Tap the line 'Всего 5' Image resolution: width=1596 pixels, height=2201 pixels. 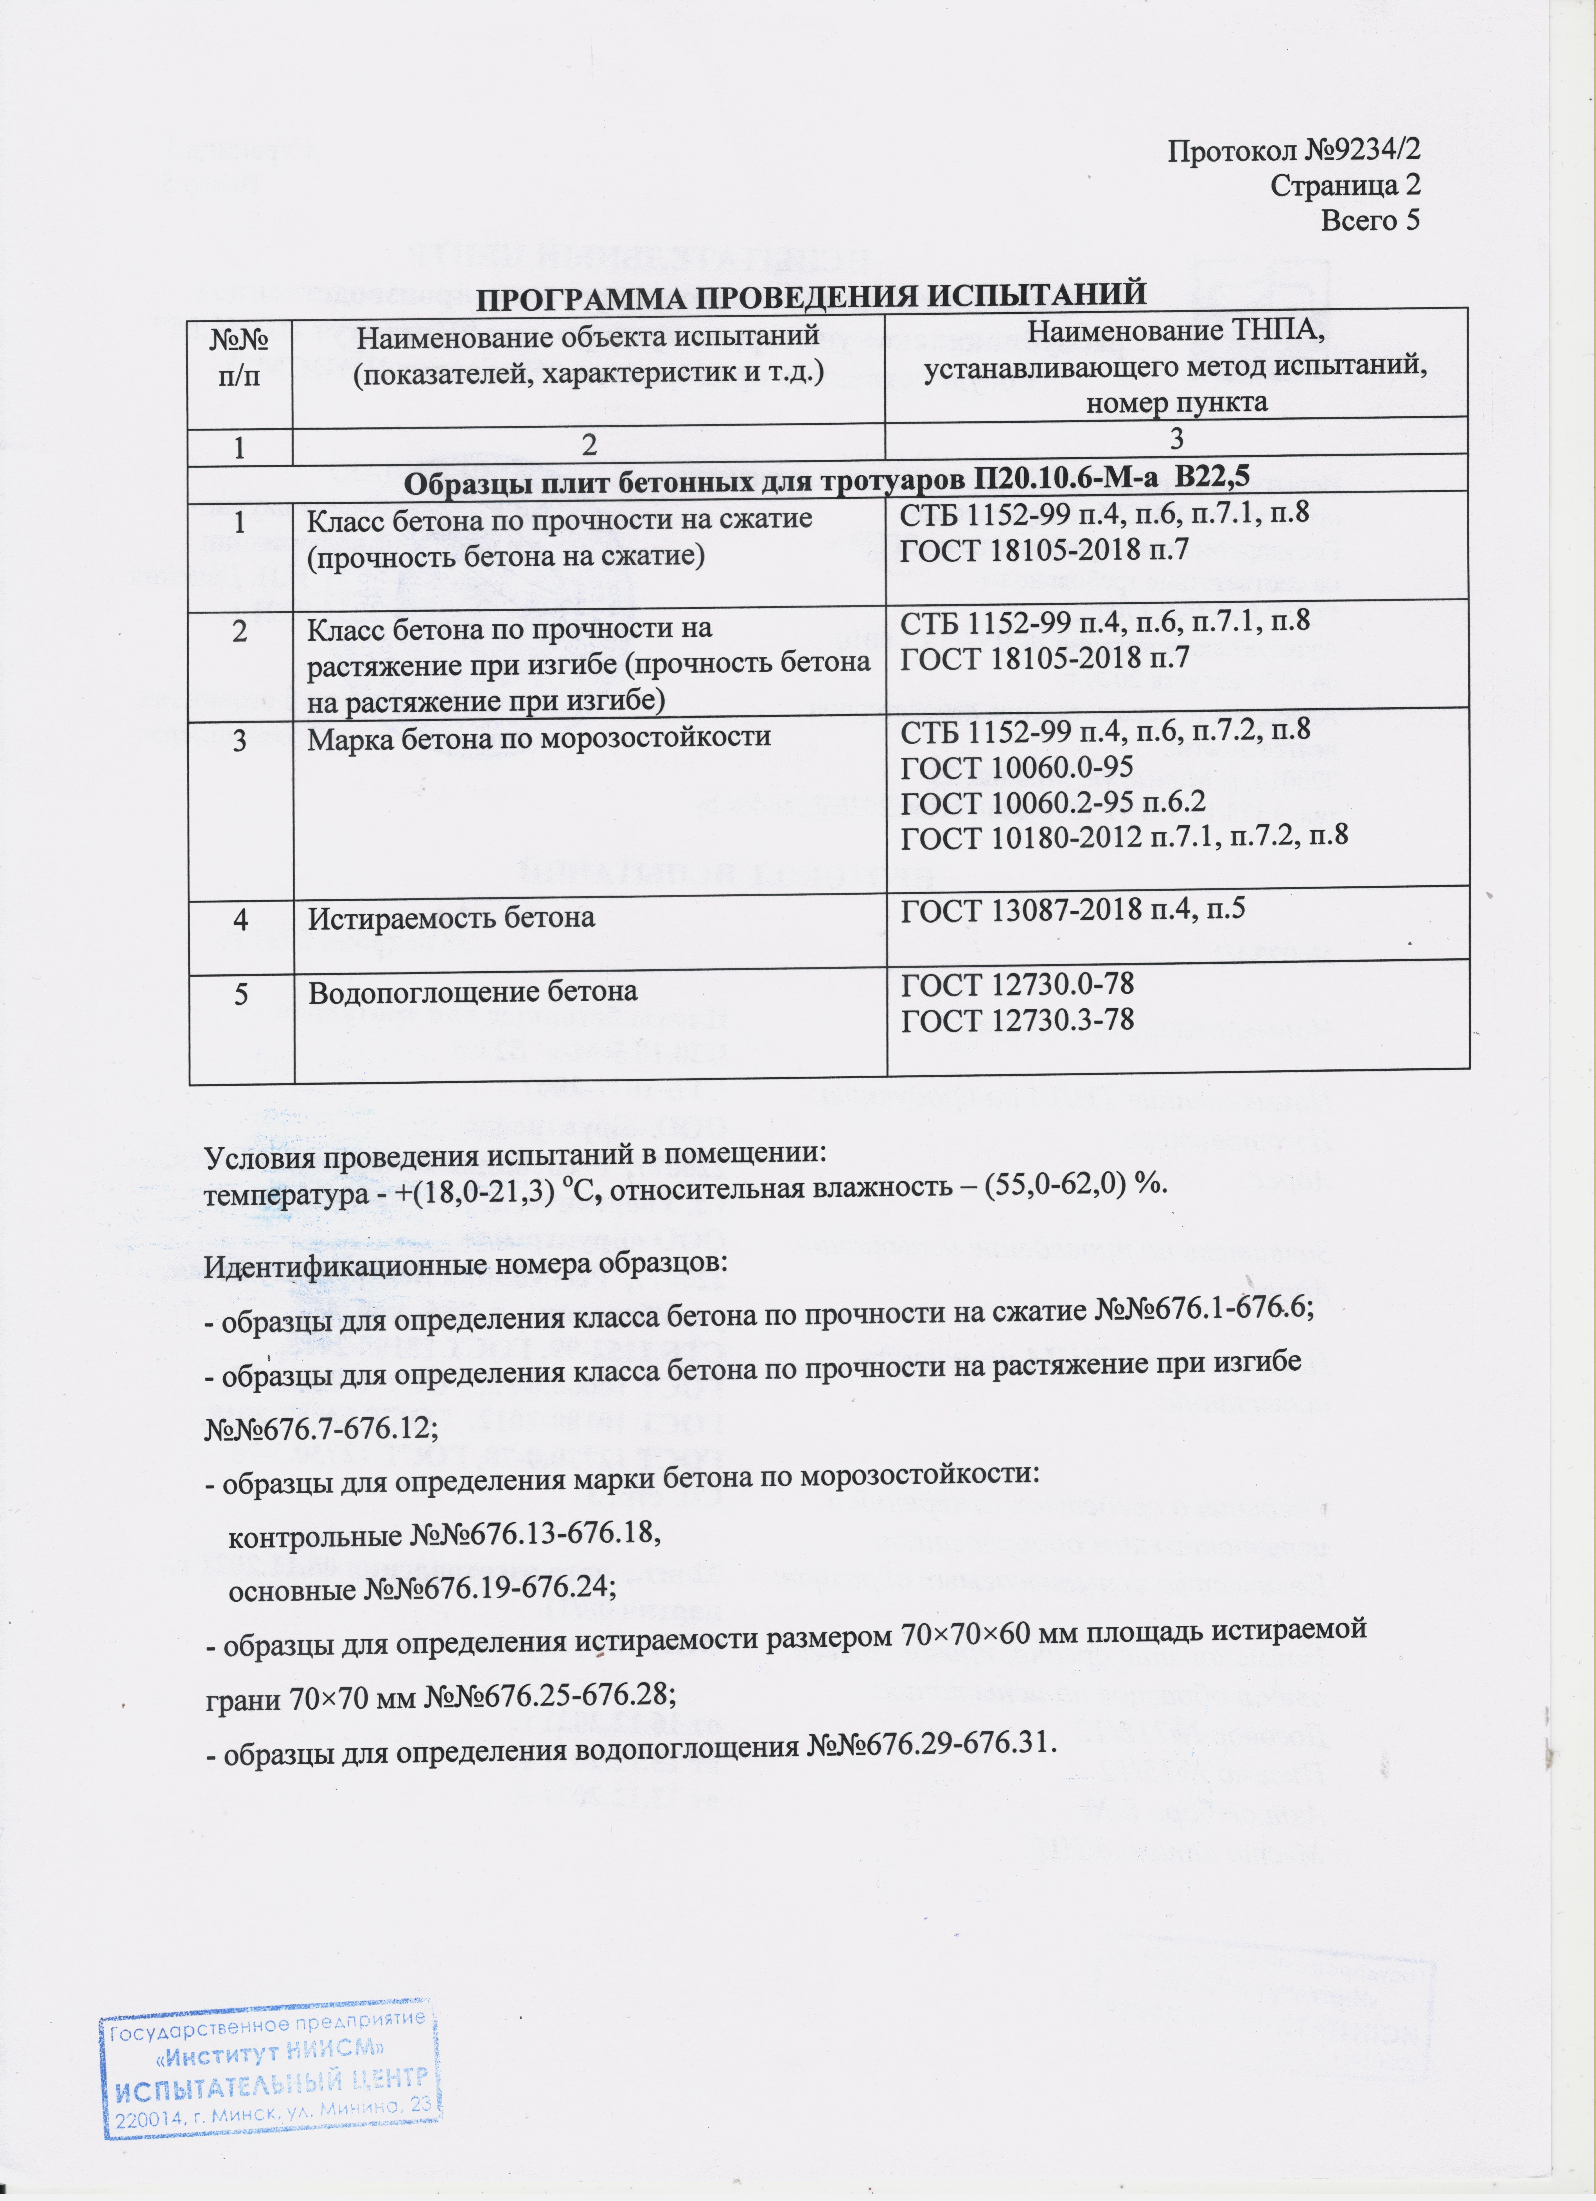point(1370,220)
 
